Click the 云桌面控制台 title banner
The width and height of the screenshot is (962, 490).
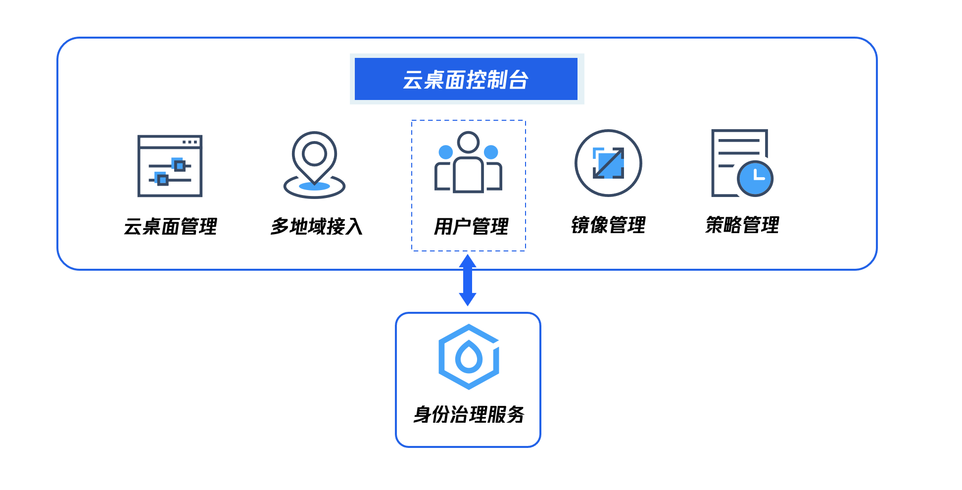[x=466, y=79]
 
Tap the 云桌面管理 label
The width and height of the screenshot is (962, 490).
[x=170, y=227]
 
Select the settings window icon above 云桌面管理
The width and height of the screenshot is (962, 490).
[x=170, y=166]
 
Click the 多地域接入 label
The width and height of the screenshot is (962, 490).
[x=317, y=227]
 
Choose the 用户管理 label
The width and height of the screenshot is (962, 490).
[x=471, y=227]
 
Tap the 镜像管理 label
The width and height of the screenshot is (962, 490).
[x=608, y=225]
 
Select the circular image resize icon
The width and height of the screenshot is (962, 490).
[x=608, y=163]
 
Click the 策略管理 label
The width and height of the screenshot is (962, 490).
[x=742, y=225]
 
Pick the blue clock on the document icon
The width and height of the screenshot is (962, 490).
[x=755, y=178]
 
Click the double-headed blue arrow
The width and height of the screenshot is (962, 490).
[x=468, y=281]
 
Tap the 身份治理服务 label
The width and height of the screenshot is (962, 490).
[x=469, y=415]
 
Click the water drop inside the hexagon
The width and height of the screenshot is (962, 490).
[x=469, y=357]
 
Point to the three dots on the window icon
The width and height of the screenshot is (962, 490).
[x=190, y=142]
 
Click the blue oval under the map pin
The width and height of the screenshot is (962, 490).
[x=314, y=186]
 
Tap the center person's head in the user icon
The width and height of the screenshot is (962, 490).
[x=468, y=143]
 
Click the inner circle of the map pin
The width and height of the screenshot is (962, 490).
[x=314, y=153]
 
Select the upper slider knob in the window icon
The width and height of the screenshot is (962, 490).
[x=179, y=165]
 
